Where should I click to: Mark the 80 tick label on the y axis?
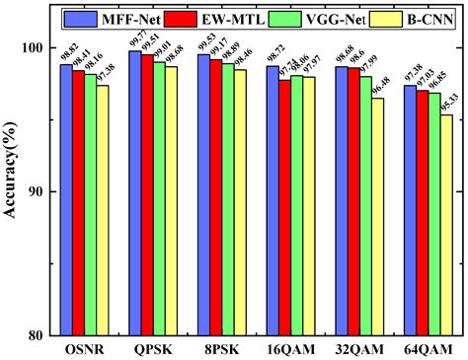(38, 334)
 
